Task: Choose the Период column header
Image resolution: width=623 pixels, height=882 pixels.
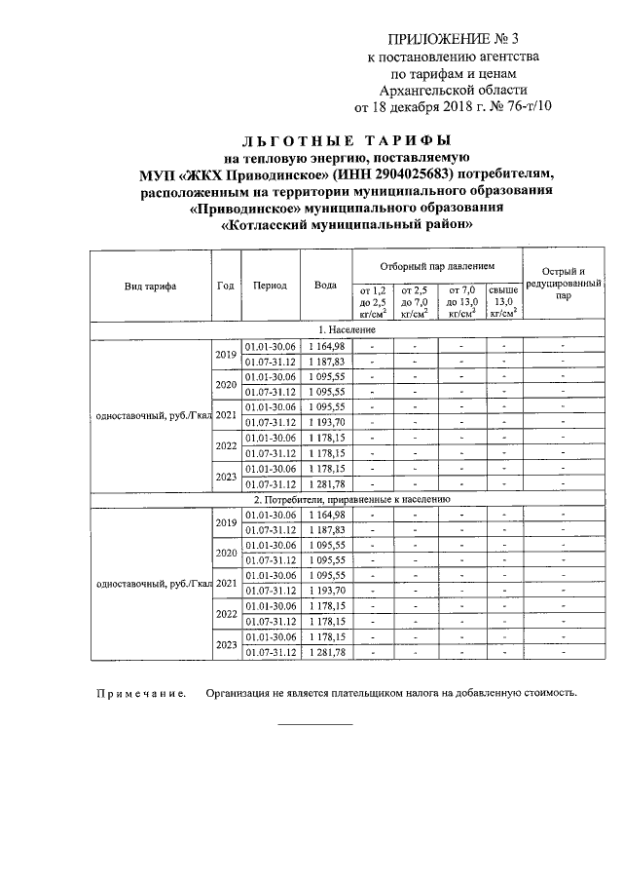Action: tap(270, 286)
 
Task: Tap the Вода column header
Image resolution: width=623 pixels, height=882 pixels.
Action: tap(326, 286)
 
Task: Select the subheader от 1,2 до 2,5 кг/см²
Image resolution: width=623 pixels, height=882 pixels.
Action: tap(373, 301)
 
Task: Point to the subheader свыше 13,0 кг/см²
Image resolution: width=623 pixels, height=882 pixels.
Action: tap(503, 301)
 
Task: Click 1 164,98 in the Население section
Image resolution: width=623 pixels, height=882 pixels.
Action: tap(327, 346)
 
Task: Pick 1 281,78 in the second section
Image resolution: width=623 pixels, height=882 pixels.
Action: tap(327, 652)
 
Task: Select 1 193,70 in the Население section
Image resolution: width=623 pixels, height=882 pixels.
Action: tap(327, 422)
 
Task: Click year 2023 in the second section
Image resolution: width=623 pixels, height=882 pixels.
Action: tap(226, 644)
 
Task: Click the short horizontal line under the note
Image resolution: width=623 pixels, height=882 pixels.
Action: tap(315, 724)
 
